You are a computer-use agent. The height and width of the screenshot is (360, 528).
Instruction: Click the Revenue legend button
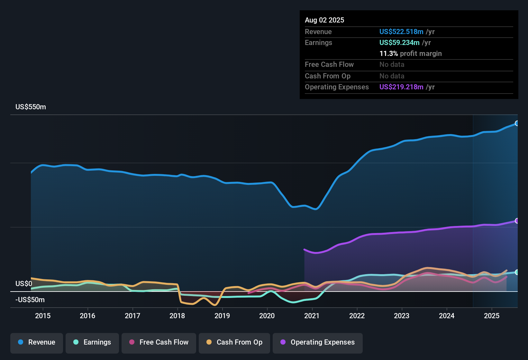(37, 342)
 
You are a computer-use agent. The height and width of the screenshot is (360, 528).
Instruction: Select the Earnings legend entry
(92, 342)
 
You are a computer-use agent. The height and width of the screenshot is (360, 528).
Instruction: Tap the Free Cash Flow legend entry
(159, 342)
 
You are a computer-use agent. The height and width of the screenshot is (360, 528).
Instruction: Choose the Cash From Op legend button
(234, 342)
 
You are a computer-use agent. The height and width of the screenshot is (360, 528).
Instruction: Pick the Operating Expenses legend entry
(318, 342)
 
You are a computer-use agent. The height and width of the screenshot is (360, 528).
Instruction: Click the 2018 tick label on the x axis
(177, 316)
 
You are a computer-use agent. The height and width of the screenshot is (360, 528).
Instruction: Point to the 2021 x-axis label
(312, 316)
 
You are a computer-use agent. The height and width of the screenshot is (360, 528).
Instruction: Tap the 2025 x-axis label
(492, 316)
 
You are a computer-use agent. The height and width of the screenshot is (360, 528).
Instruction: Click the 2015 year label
(43, 316)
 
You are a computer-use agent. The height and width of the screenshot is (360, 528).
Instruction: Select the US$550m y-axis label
(31, 107)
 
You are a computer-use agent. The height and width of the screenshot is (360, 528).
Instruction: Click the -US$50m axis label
(30, 300)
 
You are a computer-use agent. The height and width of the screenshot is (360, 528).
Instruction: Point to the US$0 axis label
(24, 284)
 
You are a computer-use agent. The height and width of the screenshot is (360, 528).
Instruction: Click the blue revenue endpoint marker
(517, 123)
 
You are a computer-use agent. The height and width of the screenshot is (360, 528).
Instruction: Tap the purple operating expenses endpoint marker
(517, 221)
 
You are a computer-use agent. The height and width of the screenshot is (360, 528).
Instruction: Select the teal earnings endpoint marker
(517, 272)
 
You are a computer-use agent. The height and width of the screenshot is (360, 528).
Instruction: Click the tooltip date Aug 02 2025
(324, 20)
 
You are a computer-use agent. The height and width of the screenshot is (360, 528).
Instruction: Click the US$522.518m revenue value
(401, 32)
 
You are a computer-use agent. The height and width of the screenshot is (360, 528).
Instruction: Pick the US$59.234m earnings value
(399, 43)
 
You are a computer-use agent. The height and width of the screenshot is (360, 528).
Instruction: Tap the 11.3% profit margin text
(410, 54)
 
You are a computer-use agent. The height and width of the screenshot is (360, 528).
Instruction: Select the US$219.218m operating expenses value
(401, 87)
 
